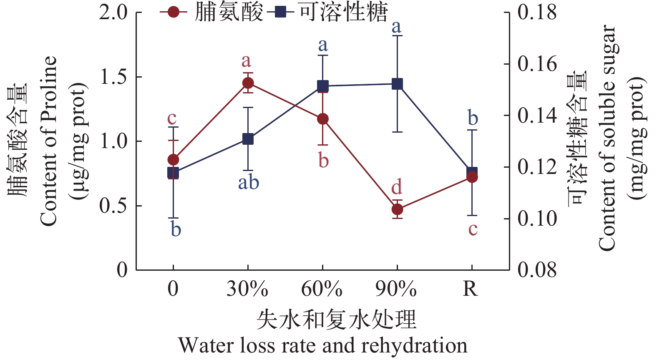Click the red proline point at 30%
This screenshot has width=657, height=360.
click(248, 83)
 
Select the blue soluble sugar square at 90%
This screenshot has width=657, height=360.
click(397, 84)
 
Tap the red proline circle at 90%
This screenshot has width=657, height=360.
click(397, 209)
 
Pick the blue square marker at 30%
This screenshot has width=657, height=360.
click(248, 139)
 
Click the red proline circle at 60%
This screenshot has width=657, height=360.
click(322, 119)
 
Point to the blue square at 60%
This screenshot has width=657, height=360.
click(322, 86)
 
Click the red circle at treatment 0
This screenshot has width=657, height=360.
click(173, 160)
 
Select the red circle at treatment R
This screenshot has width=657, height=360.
click(472, 177)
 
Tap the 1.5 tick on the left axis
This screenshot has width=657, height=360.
click(114, 77)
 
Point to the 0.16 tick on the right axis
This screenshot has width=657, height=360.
click(537, 64)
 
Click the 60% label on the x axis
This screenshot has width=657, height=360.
click(322, 289)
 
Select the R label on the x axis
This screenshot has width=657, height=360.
click(471, 289)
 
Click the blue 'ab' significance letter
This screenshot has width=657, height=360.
click(249, 183)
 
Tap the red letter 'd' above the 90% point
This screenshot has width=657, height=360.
click(397, 187)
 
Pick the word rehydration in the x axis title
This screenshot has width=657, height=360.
click(414, 346)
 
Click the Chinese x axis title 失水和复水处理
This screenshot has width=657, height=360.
click(336, 320)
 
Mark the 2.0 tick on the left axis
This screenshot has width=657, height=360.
click(113, 13)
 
